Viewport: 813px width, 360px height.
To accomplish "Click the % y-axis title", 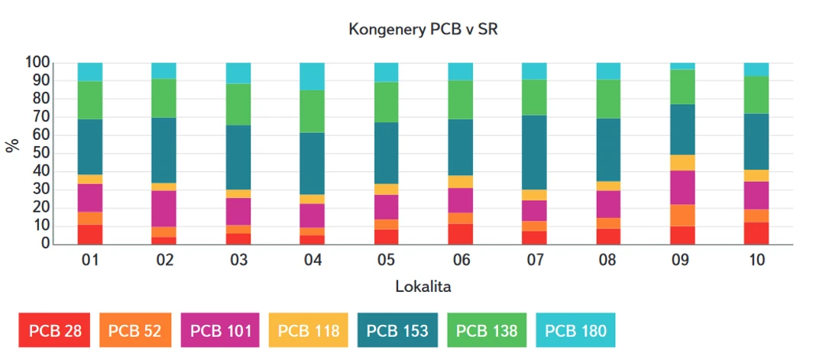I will coord(12,146).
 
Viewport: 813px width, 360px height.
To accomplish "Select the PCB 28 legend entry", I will coord(55,331).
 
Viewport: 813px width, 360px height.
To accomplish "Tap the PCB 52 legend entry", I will coord(134,331).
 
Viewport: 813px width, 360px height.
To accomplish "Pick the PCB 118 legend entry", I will coord(308,331).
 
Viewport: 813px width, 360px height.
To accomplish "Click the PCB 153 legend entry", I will coord(397,331).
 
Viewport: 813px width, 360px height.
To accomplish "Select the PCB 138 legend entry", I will coord(486,331).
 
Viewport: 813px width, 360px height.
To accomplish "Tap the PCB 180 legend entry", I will coord(575,331).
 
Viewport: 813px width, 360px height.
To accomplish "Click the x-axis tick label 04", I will coord(312,261).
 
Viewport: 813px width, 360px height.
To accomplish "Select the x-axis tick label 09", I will coord(682,261).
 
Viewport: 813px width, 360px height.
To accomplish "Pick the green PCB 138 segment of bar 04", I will coord(312,112).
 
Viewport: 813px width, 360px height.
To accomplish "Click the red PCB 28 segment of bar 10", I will coord(756,233).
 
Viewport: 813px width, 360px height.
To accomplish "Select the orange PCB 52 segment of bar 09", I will coord(682,216).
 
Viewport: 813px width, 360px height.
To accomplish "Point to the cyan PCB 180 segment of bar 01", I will coord(90,72).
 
